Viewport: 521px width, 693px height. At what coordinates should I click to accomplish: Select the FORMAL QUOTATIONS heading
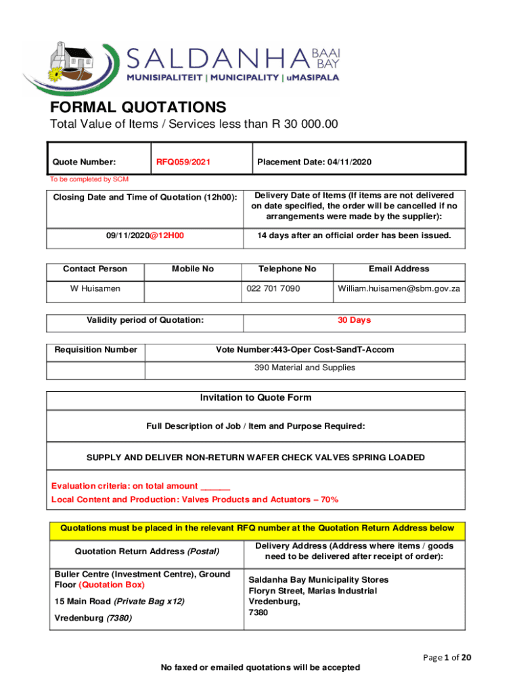[x=138, y=107]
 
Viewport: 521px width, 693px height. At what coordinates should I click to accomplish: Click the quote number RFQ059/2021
[x=183, y=162]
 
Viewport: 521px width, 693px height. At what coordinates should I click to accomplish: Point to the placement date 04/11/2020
[x=348, y=162]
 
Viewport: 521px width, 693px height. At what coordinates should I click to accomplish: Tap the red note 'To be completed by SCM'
[x=89, y=179]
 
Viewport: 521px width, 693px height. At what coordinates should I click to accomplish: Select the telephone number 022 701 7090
[x=273, y=288]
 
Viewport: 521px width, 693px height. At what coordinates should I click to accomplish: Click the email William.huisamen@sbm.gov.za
[x=399, y=288]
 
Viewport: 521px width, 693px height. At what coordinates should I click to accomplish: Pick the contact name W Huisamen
[x=95, y=288]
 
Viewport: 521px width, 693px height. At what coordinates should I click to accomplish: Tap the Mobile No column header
[x=193, y=269]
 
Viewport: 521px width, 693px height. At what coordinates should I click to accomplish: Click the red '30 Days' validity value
[x=354, y=320]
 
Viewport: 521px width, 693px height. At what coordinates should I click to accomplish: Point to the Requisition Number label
[x=96, y=350]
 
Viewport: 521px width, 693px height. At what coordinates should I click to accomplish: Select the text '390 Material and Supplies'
[x=304, y=367]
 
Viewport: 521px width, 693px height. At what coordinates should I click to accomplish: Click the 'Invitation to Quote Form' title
[x=256, y=398]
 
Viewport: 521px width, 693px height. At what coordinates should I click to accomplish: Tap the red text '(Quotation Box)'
[x=112, y=585]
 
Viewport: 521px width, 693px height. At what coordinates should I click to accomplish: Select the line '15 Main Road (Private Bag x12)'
[x=119, y=601]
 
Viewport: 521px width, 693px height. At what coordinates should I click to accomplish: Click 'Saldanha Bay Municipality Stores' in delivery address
[x=319, y=580]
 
